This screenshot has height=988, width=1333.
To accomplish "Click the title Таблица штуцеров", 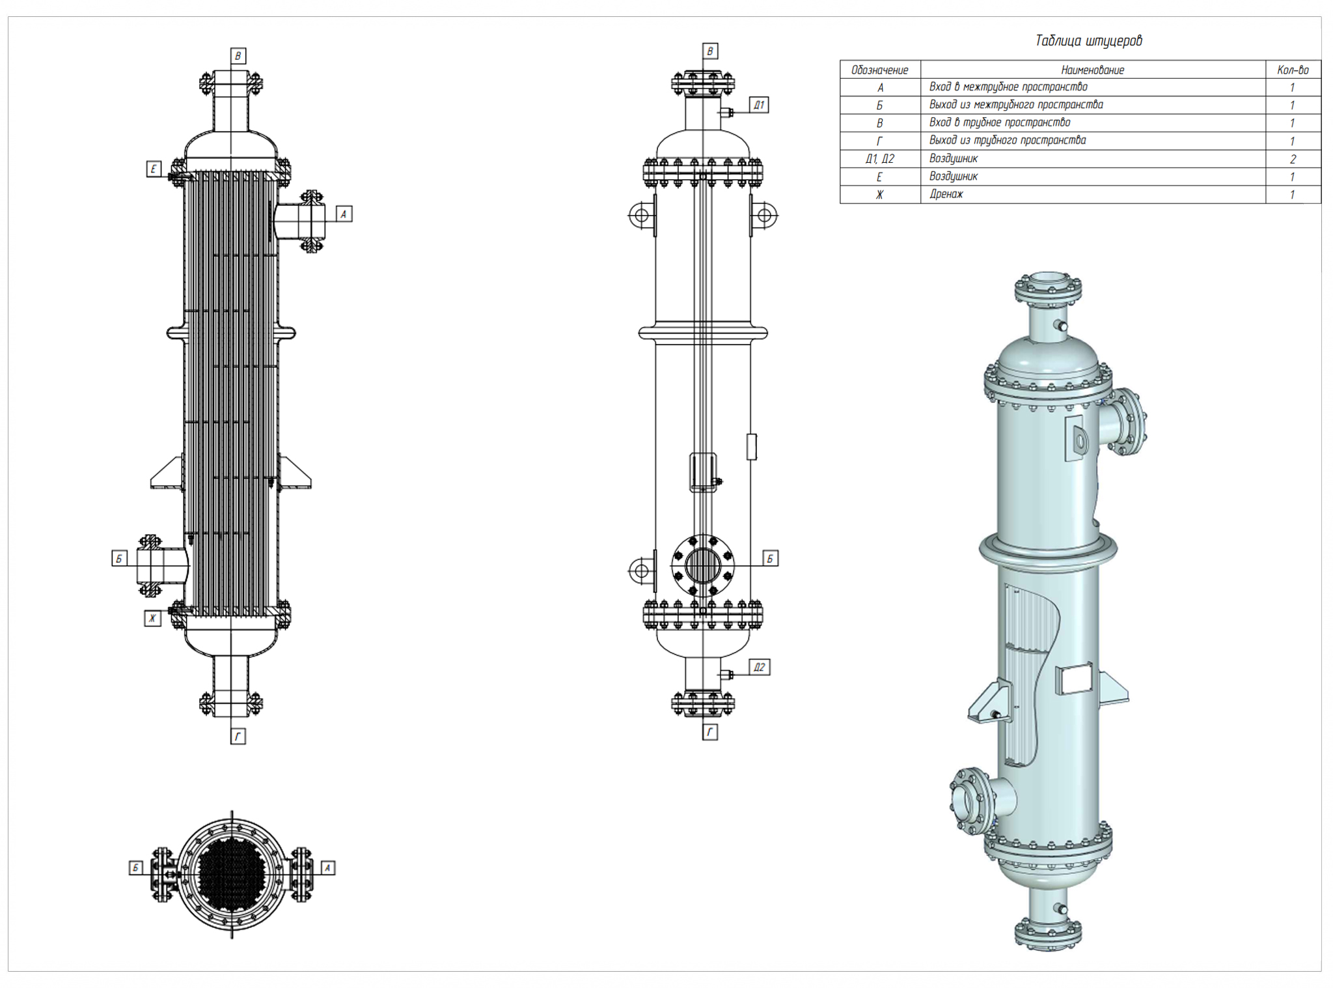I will (x=1088, y=40).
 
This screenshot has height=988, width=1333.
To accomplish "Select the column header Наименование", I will (x=1092, y=70).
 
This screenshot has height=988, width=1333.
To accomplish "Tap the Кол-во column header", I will (x=1292, y=70).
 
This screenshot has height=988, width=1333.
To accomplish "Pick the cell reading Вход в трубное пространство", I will (x=999, y=122).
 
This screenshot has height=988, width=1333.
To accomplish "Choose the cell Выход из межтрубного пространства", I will (x=1015, y=105).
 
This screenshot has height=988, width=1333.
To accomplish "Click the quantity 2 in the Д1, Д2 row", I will (x=1292, y=159).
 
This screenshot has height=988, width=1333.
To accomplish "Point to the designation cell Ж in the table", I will (x=879, y=194).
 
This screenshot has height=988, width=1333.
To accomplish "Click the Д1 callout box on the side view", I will (x=759, y=105).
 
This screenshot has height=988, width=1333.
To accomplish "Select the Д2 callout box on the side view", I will (x=759, y=667).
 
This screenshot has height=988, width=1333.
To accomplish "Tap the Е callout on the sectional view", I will (x=153, y=169).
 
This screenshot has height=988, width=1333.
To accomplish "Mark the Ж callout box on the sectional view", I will (x=152, y=618).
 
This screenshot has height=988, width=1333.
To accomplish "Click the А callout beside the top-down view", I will (x=327, y=868).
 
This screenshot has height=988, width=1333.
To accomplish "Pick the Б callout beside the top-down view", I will (x=136, y=868).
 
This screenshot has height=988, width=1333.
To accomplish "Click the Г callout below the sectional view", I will (x=238, y=736).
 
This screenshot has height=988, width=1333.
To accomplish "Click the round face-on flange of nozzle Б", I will (x=702, y=565).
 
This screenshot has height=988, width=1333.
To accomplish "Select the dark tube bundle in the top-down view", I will (x=231, y=869).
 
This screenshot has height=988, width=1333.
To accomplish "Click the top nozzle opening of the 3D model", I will (x=1047, y=281).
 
